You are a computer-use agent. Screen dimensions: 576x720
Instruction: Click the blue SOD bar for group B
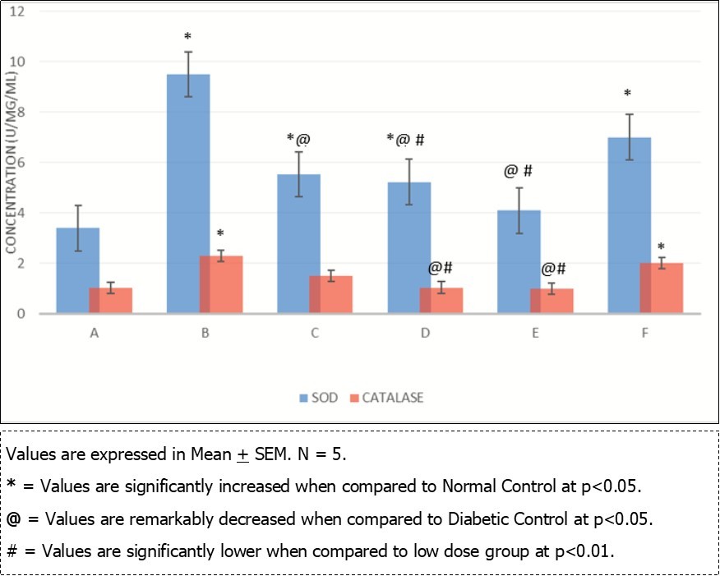click(188, 193)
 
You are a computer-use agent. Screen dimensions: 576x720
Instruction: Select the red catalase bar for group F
click(661, 288)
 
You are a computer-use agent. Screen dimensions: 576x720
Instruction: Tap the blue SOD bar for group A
click(78, 271)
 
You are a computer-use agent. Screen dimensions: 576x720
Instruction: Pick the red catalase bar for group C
click(330, 294)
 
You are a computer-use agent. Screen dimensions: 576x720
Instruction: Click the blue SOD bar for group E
click(519, 261)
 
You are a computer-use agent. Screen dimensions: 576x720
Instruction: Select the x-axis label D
click(425, 334)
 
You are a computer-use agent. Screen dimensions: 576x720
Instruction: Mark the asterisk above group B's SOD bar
click(187, 37)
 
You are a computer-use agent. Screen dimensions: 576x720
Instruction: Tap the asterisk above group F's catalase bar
click(661, 247)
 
